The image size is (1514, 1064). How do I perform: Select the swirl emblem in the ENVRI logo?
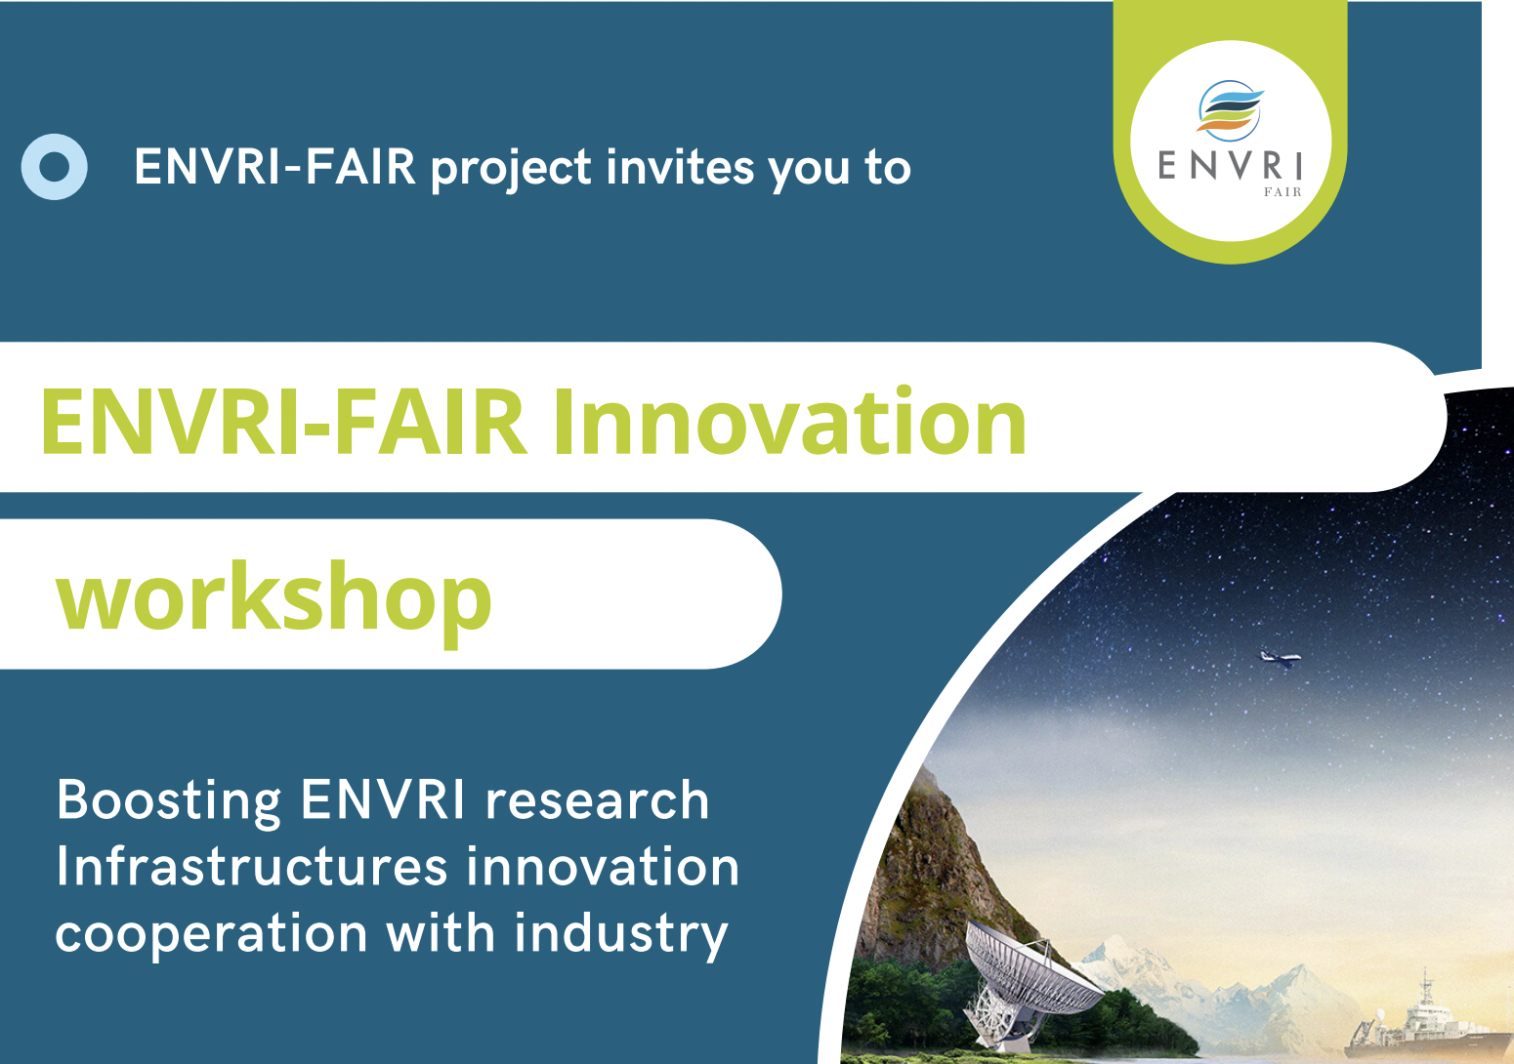(1230, 110)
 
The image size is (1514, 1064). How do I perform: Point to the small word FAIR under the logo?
(1283, 192)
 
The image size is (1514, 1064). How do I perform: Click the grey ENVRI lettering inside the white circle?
(1230, 166)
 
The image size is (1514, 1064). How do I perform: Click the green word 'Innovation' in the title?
(789, 423)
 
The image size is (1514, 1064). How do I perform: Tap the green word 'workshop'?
(273, 600)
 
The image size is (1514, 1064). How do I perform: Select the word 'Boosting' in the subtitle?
(169, 801)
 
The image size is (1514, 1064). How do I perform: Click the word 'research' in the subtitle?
(598, 800)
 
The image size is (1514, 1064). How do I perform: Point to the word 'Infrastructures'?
(251, 867)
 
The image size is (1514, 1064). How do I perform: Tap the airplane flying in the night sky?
(1279, 657)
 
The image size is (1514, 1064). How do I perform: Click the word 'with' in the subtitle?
(441, 932)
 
